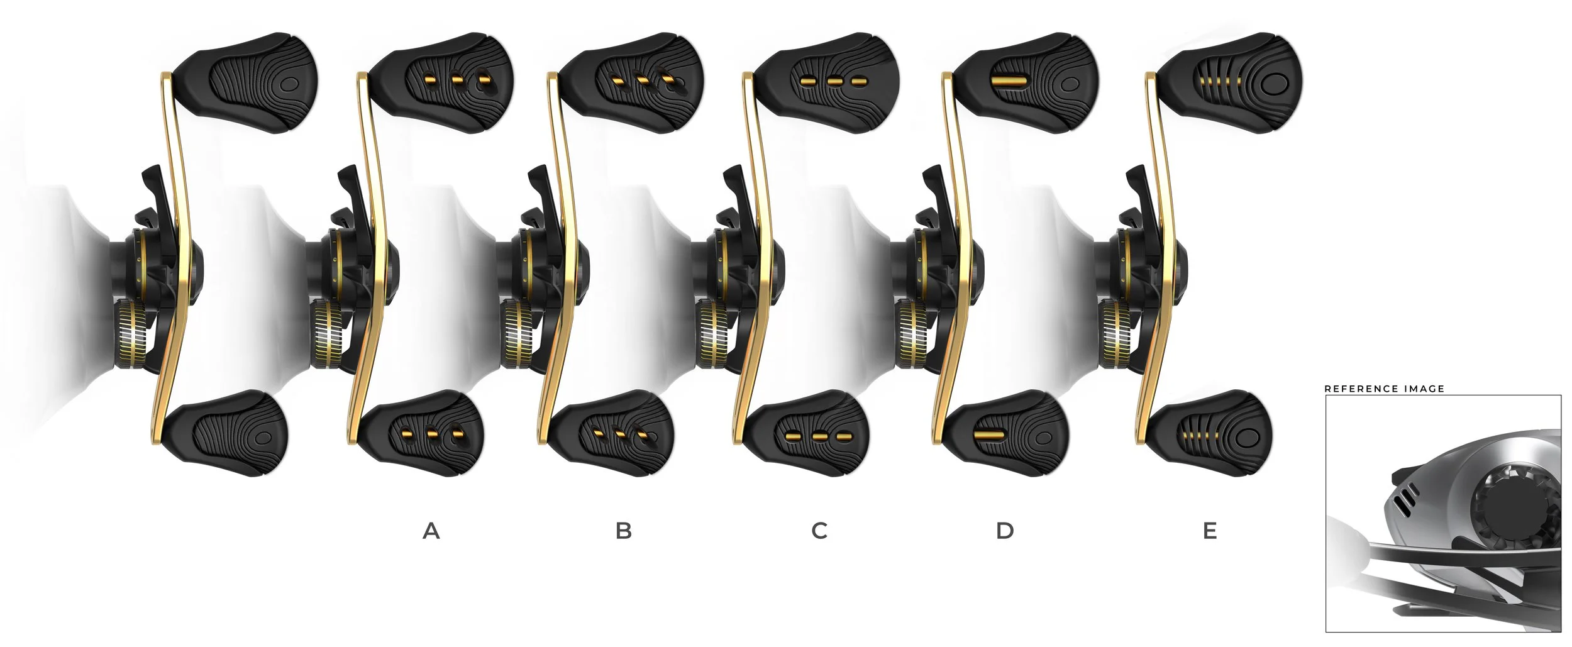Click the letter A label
(431, 531)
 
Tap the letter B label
(623, 531)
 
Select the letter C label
(819, 531)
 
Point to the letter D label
(1005, 531)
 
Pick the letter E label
(1209, 531)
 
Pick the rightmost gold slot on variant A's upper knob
(484, 80)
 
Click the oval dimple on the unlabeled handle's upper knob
(289, 82)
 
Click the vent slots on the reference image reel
(1400, 497)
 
